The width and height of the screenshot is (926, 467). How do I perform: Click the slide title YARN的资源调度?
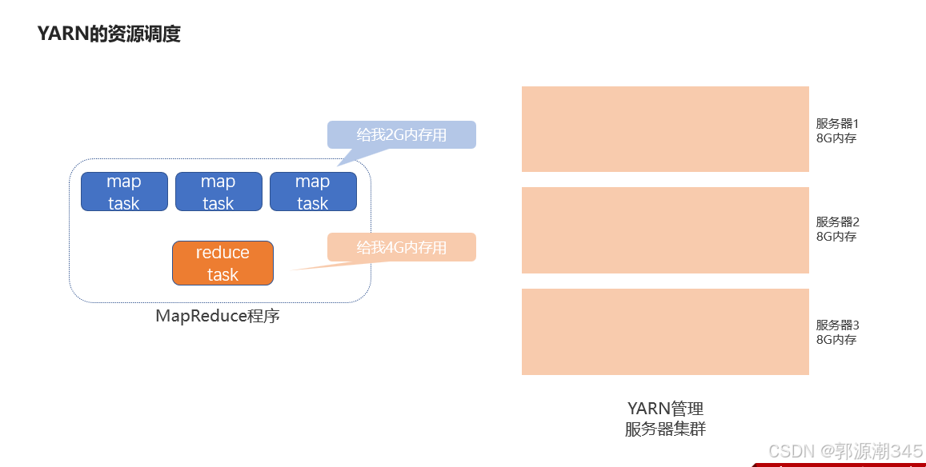coord(109,34)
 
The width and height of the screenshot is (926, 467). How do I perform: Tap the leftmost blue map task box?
coord(124,192)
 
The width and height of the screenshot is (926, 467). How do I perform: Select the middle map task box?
coord(218,192)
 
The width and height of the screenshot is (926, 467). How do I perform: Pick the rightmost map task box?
coord(313,192)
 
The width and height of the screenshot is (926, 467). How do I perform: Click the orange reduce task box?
coord(222,263)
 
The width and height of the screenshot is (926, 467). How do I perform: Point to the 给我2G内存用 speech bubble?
coord(402,134)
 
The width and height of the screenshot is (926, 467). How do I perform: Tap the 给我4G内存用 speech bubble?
coord(402,247)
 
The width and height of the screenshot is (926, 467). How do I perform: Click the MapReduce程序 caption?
coord(218,316)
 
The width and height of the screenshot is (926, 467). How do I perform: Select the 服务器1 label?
coord(837,124)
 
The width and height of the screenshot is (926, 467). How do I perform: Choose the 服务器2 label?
coord(837,222)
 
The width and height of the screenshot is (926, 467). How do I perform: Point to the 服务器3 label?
coord(837,325)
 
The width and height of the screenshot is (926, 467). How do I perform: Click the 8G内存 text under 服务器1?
coord(836,138)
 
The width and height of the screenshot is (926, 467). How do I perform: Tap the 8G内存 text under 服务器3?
coord(836,340)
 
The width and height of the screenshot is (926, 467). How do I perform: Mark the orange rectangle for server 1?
coord(665,129)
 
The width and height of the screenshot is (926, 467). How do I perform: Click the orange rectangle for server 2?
coord(665,230)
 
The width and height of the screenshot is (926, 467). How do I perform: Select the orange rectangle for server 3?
coord(665,332)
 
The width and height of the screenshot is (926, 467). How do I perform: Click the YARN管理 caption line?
coord(665,409)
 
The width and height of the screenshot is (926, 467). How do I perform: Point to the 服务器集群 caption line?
coord(665,429)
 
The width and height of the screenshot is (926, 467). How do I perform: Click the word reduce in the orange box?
coord(222,253)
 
